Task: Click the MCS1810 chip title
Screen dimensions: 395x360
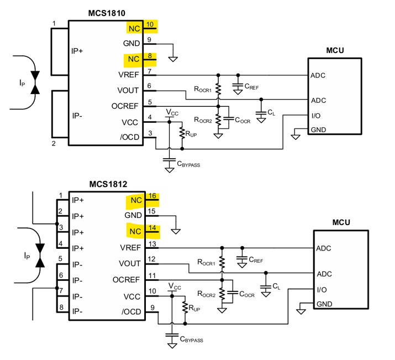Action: click(x=107, y=13)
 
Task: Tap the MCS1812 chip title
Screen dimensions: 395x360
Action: click(x=108, y=184)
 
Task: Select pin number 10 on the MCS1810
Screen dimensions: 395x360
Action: click(x=150, y=24)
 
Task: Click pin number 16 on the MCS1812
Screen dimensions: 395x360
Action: click(x=152, y=196)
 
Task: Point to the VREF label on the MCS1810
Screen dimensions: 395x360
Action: click(x=129, y=75)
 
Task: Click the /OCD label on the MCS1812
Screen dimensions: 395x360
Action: click(x=131, y=312)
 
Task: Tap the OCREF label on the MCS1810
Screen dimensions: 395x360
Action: click(x=125, y=106)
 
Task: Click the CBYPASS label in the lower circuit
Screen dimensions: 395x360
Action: click(x=192, y=340)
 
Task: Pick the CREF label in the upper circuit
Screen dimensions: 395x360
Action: click(x=251, y=86)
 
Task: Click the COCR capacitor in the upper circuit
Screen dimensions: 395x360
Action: click(x=229, y=118)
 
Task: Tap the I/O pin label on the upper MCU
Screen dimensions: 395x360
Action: click(x=316, y=116)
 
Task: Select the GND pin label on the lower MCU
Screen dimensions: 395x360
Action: click(x=324, y=304)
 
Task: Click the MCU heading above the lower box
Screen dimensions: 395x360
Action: click(x=341, y=222)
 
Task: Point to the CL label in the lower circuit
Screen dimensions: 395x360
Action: click(x=276, y=286)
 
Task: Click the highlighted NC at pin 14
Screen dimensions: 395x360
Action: click(x=135, y=231)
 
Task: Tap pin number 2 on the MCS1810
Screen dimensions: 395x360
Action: click(x=54, y=143)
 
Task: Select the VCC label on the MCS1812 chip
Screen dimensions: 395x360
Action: click(x=131, y=296)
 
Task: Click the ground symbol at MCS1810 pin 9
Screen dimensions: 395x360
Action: click(x=173, y=60)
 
